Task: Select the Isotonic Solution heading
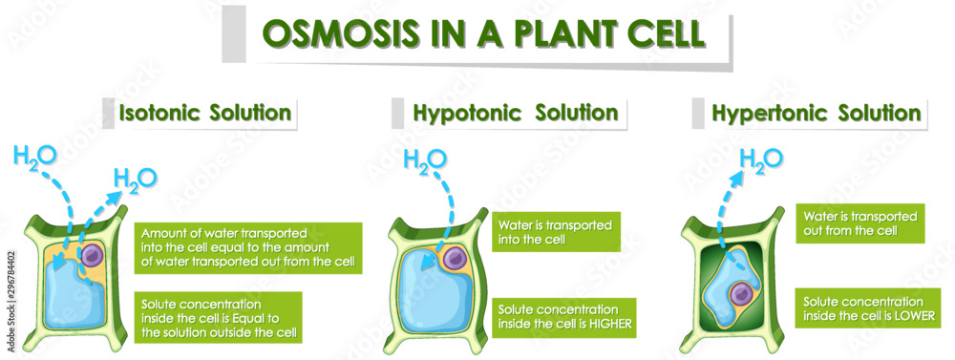(204, 113)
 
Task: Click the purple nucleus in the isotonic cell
(93, 255)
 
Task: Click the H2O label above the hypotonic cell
(424, 161)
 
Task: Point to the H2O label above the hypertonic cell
(761, 159)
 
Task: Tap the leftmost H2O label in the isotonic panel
(36, 154)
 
